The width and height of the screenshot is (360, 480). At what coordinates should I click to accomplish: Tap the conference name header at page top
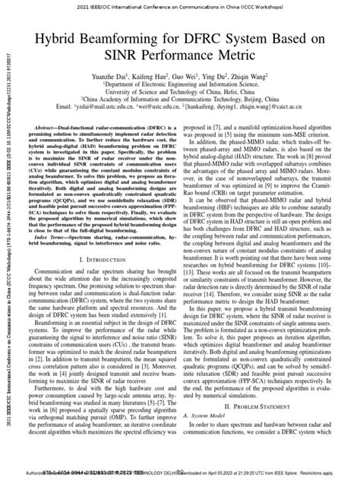pos(180,6)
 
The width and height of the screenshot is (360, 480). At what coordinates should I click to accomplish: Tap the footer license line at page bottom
pos(180,472)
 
